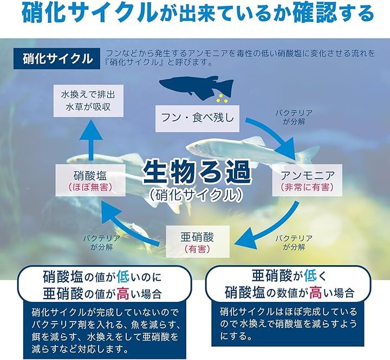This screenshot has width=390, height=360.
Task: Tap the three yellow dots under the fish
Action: tap(222, 99)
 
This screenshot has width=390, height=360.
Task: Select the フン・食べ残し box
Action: tap(197, 119)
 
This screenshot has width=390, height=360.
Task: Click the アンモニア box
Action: tap(307, 180)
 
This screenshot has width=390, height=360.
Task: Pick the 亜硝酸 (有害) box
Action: tap(198, 241)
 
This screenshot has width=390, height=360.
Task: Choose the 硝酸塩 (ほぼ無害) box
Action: tap(90, 180)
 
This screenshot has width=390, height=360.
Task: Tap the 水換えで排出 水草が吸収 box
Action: tap(88, 101)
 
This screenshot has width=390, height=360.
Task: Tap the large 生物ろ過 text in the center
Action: tap(197, 172)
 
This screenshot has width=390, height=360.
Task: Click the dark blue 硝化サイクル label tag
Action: tap(57, 59)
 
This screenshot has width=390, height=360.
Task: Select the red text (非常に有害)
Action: tap(307, 187)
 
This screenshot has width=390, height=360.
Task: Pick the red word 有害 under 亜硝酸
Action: tap(198, 249)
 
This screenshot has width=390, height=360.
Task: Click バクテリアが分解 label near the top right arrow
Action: tap(294, 117)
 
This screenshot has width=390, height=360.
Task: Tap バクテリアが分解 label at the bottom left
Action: tap(102, 243)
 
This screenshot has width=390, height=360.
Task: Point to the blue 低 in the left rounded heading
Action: tap(123, 277)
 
